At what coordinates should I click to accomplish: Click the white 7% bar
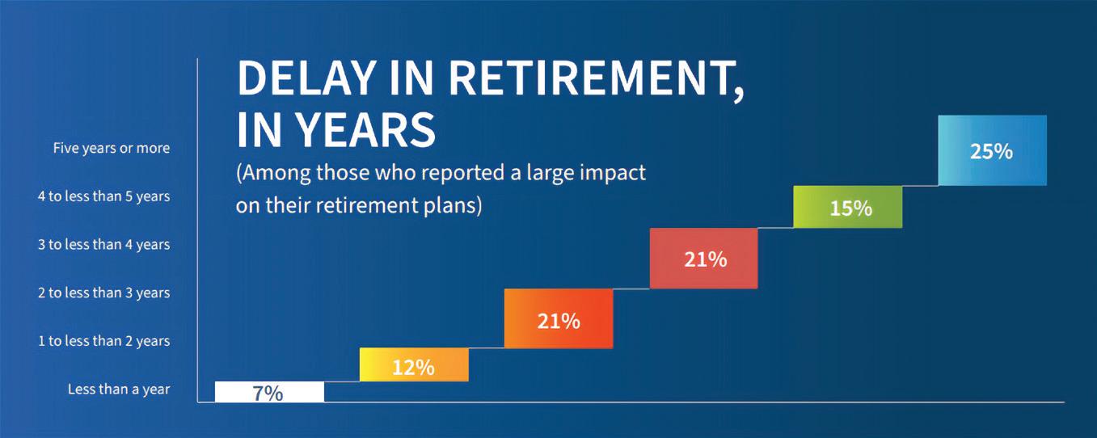[269, 391]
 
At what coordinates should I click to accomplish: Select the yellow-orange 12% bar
[414, 364]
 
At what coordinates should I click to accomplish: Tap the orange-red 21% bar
[559, 318]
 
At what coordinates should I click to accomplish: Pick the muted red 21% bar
[704, 259]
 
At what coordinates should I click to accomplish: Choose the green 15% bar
[848, 207]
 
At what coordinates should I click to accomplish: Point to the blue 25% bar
[993, 151]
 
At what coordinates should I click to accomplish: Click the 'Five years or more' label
[112, 148]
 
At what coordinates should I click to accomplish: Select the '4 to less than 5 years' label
[104, 196]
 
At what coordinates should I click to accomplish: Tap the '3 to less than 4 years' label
[104, 244]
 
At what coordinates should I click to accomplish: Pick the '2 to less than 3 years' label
[104, 293]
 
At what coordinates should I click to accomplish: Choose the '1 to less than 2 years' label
[104, 340]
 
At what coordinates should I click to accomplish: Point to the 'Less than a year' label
[119, 389]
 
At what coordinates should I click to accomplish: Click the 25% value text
[991, 152]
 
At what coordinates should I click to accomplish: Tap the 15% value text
[851, 209]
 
